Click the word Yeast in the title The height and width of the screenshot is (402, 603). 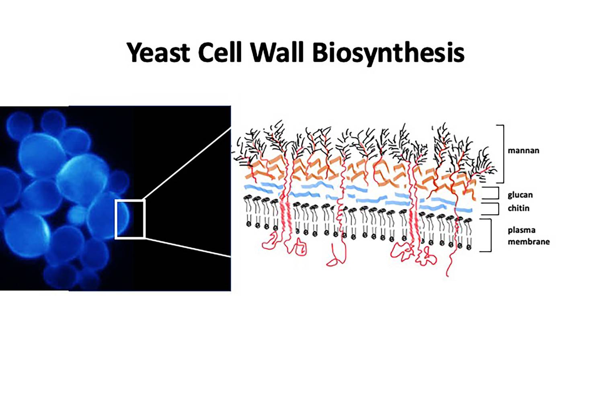tap(158, 52)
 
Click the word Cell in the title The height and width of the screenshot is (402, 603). tap(220, 52)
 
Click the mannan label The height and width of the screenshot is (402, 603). tap(523, 150)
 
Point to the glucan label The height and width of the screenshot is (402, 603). tap(520, 195)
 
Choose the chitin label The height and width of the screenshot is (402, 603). tap(519, 208)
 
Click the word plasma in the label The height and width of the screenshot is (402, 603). tap(521, 231)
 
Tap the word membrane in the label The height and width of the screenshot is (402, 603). tap(529, 242)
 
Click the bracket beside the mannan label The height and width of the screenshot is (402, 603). tap(503, 154)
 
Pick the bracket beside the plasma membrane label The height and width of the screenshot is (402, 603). tap(491, 235)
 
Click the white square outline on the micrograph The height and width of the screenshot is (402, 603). tap(115, 219)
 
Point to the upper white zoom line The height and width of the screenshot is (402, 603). tap(188, 164)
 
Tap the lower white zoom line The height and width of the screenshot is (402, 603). tap(188, 247)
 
